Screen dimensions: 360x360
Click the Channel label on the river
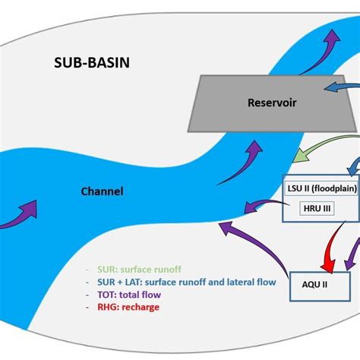(x=103, y=191)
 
